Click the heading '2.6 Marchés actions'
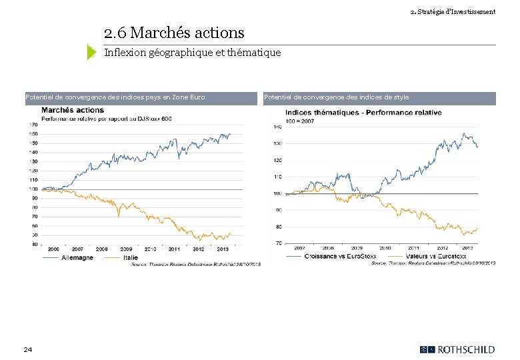click(174, 32)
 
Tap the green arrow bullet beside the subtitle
click(92, 52)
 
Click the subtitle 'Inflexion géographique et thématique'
click(193, 52)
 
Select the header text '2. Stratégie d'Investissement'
click(453, 11)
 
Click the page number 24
click(27, 349)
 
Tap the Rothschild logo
click(457, 349)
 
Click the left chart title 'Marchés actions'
click(72, 110)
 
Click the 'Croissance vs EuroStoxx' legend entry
click(336, 256)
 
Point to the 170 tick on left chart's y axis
click(33, 124)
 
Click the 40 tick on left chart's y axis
click(34, 244)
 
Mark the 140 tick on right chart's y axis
click(277, 127)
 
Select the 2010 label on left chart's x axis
click(151, 249)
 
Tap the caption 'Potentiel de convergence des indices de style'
click(336, 97)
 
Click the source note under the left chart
click(196, 264)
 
